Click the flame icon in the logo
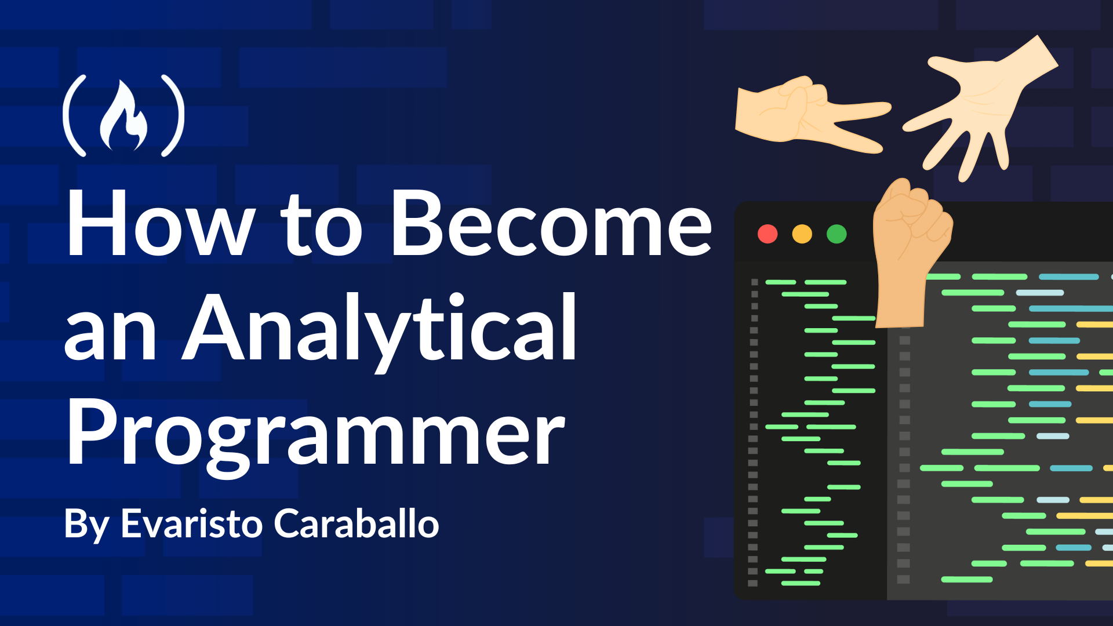(x=123, y=116)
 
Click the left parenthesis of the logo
(x=74, y=115)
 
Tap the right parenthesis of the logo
(x=173, y=115)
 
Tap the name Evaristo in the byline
(x=192, y=524)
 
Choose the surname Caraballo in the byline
(x=357, y=524)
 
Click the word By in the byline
(x=87, y=525)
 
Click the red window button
(x=768, y=234)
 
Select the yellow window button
(x=802, y=234)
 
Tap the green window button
(x=836, y=234)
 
